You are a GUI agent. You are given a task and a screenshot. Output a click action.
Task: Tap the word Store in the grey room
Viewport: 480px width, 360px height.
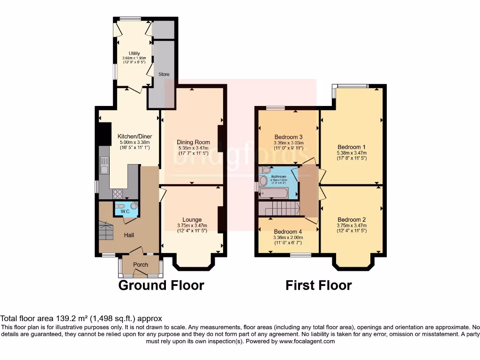[x=164, y=75]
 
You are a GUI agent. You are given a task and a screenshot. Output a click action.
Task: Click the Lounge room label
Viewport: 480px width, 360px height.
[x=192, y=219]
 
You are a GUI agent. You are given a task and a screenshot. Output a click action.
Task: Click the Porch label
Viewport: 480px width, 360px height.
[x=141, y=265]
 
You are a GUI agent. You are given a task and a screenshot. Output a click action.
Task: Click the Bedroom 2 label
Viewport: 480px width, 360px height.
[x=352, y=219]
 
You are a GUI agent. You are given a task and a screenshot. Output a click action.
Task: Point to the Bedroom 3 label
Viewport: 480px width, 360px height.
[x=288, y=137]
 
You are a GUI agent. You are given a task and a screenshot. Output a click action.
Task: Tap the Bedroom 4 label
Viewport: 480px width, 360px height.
[x=288, y=232]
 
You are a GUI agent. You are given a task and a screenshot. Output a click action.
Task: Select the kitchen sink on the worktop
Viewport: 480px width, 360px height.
[x=104, y=166]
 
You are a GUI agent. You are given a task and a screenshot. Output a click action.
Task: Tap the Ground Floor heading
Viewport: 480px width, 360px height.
[x=161, y=285]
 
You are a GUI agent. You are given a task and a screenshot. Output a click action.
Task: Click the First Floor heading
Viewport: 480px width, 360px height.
[x=319, y=285]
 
